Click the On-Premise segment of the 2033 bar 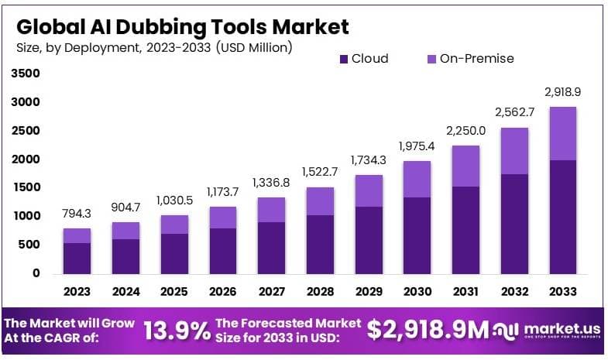pos(562,133)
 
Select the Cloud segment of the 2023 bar pos(77,258)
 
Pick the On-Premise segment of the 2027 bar pos(272,209)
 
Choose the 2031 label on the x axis pos(465,292)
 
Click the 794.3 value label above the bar pos(77,213)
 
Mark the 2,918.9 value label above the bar pos(562,91)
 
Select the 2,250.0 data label pos(465,130)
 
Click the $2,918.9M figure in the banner pos(428,330)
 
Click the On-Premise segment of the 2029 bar pos(369,190)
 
